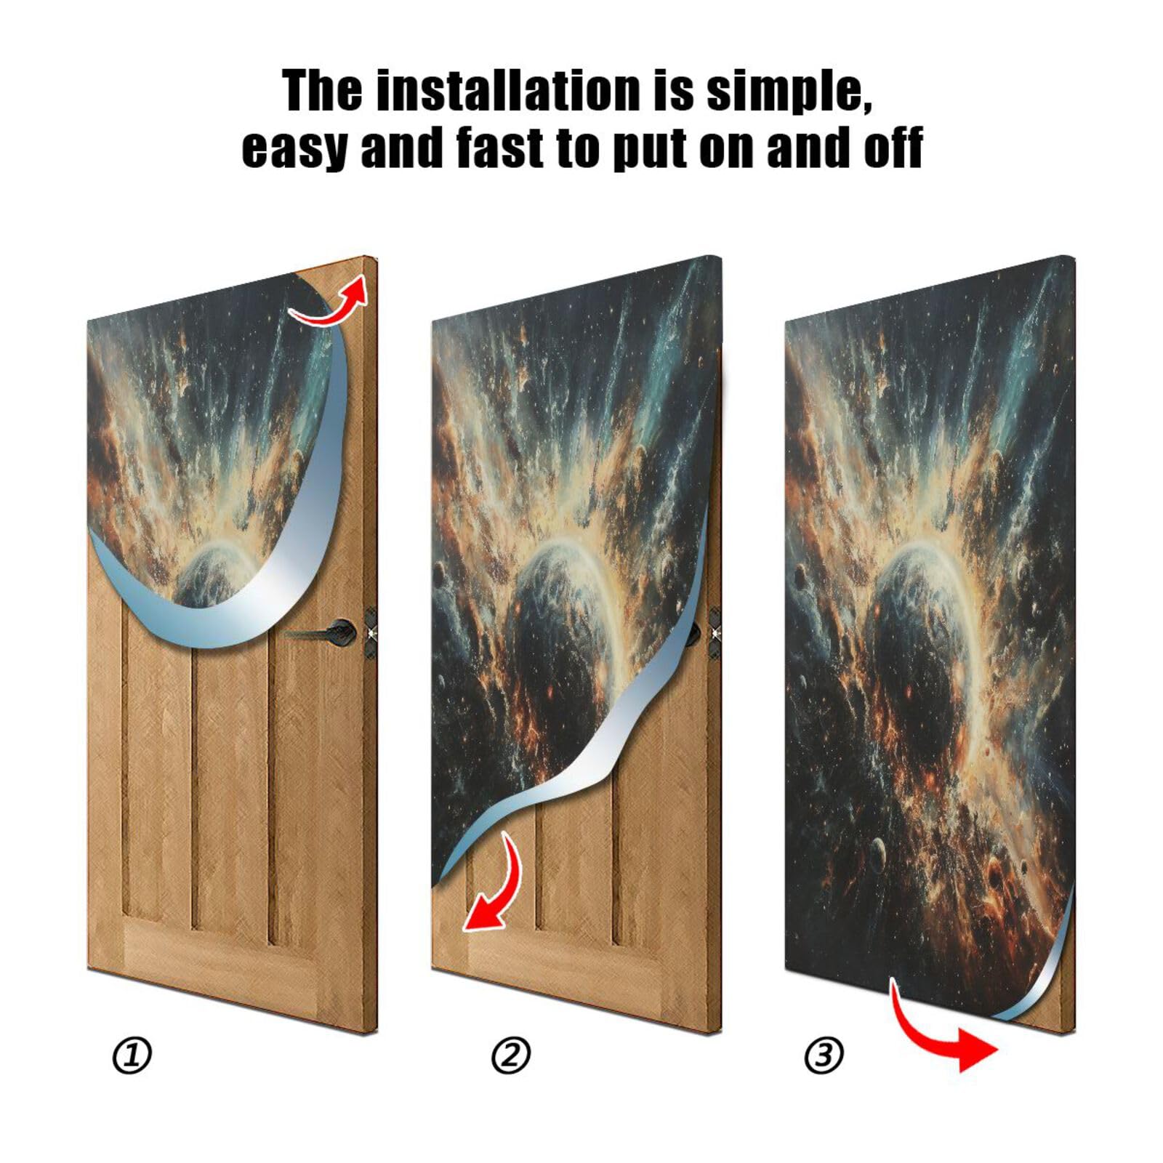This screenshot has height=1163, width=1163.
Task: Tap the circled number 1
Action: pyautogui.click(x=132, y=1055)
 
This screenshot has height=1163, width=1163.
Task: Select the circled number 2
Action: pyautogui.click(x=511, y=1055)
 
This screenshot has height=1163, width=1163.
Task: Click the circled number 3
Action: pyautogui.click(x=824, y=1055)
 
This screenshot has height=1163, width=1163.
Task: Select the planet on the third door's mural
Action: pyautogui.click(x=916, y=625)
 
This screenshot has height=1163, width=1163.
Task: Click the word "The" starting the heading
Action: pyautogui.click(x=322, y=91)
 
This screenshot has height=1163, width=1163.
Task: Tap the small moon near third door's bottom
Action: pyautogui.click(x=878, y=848)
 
